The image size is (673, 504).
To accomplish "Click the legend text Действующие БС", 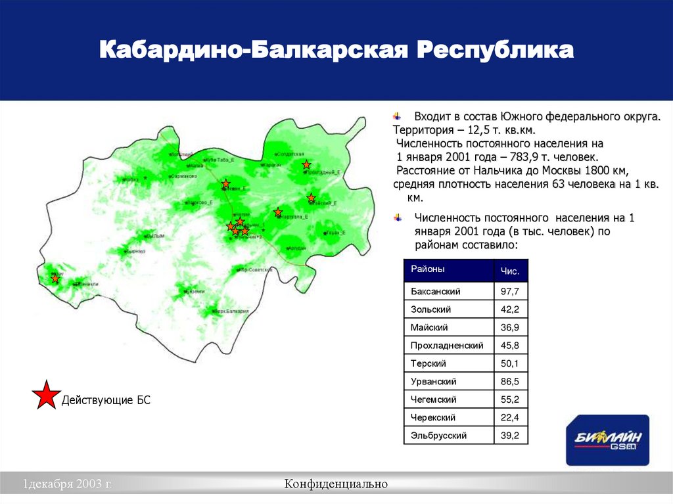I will pos(106,400).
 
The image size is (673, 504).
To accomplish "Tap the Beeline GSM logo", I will pos(607,440).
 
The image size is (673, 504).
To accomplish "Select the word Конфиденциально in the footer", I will pos(336,484).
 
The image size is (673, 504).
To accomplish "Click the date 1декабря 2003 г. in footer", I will pos(68,484).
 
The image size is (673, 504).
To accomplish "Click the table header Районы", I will pos(428,269).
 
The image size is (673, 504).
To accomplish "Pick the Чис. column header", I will pos(510,271).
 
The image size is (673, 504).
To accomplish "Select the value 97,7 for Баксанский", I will pos(510,291).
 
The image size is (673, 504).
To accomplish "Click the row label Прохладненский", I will pos(447,345).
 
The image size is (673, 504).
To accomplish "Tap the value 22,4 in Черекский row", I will pos(510,417).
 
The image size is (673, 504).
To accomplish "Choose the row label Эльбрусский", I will pos(438,435).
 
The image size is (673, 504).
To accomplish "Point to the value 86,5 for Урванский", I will pos(510,381).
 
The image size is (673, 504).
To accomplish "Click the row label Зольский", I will pos(431,309).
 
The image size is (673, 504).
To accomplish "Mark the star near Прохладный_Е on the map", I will pos(306,164).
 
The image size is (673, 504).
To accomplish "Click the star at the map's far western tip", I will pos(55,279).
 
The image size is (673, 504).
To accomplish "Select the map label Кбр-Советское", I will pos(256,269).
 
